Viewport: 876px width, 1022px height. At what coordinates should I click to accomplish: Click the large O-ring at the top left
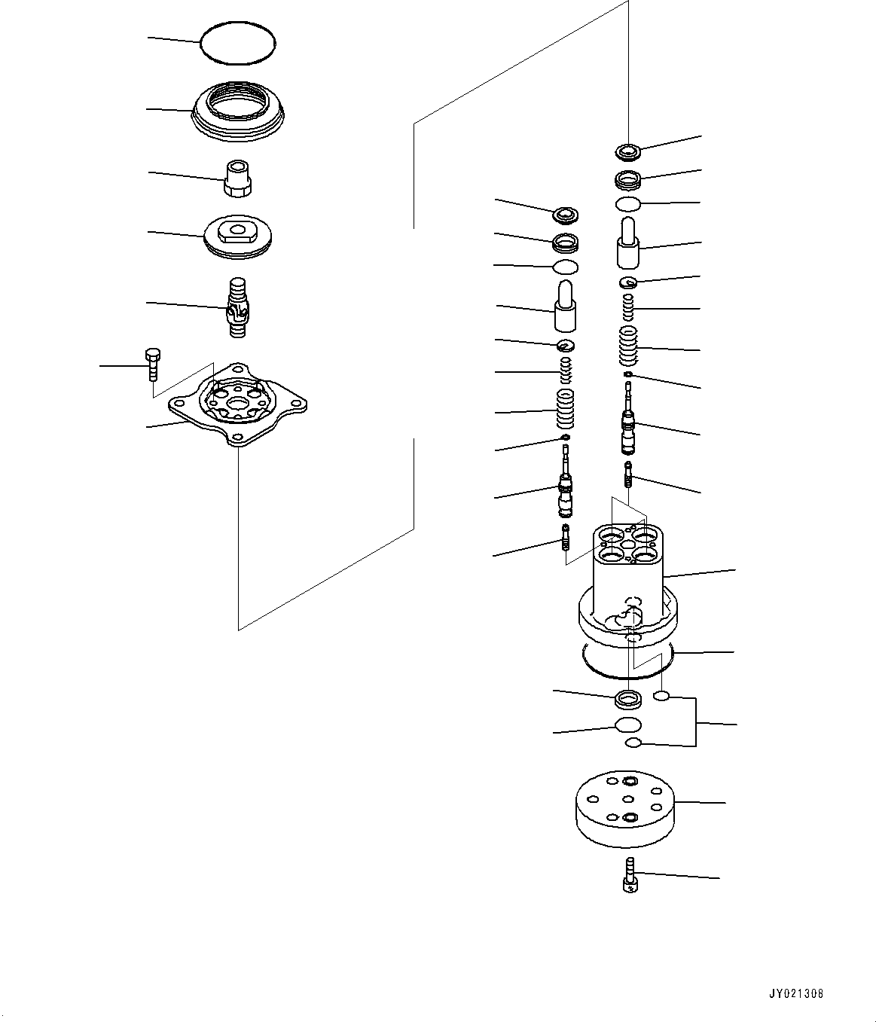(x=238, y=43)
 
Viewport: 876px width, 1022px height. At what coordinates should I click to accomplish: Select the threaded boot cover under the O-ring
(x=239, y=112)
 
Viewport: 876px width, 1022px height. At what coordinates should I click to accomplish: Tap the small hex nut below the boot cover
(x=237, y=179)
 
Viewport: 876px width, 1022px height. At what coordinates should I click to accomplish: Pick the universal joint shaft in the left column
(x=237, y=307)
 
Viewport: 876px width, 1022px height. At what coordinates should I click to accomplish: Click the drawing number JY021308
(x=796, y=993)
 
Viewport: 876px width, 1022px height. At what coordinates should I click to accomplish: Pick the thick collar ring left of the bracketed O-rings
(x=628, y=700)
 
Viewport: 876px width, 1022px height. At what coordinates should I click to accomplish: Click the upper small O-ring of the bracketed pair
(x=662, y=697)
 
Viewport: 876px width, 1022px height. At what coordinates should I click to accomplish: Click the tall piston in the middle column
(x=565, y=305)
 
